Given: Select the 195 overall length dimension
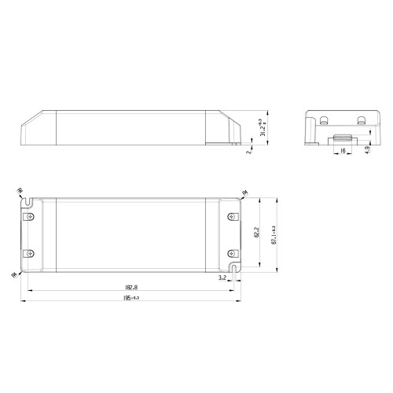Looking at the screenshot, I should [130, 299].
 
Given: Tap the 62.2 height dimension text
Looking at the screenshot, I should [256, 233].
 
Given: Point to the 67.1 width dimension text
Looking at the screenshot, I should [273, 233].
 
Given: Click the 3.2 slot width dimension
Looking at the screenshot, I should [223, 277].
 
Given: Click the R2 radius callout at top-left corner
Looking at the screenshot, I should [19, 191].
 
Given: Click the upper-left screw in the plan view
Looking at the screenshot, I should [30, 219].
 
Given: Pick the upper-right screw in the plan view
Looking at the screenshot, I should [232, 219].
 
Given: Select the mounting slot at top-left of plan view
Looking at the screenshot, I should [28, 202].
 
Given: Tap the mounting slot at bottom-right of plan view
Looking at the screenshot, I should [233, 270].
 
